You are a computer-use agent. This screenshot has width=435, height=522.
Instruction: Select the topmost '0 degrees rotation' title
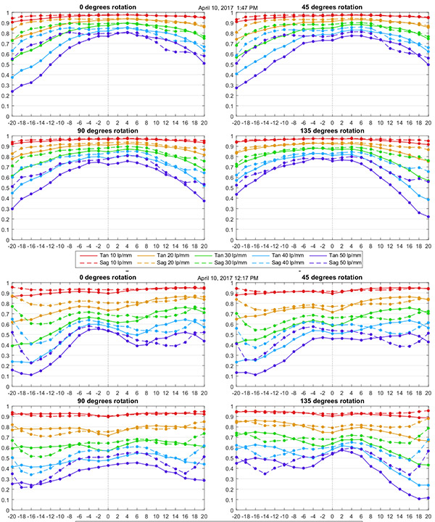(x=108, y=7)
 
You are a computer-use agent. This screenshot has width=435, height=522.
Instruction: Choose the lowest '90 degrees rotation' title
(x=108, y=401)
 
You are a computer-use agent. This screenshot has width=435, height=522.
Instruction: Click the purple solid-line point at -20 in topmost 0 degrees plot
(x=12, y=91)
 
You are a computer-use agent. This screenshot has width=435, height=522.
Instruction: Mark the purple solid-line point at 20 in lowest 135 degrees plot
(x=428, y=497)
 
